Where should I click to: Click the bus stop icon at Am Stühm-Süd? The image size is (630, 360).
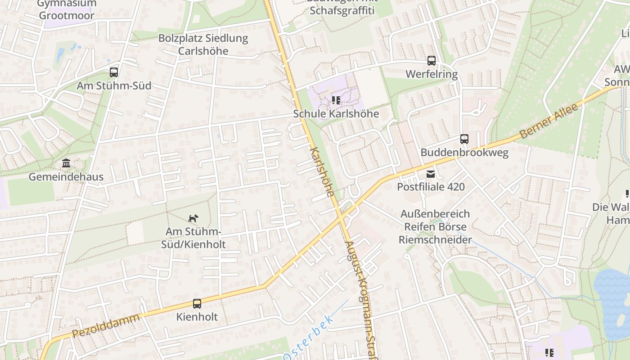pos(114,72)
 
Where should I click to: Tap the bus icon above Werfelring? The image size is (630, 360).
pos(432,60)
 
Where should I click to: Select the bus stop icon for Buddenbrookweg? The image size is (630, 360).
pos(464,139)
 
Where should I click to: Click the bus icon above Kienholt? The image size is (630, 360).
pos(197,303)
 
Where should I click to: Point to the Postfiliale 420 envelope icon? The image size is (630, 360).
pos(431,174)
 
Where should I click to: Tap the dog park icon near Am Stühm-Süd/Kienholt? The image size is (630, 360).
pos(193,218)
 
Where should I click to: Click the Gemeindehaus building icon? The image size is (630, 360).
pos(66,163)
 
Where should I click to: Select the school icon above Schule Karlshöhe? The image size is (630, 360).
pos(336,100)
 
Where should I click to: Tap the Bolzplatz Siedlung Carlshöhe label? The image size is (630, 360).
pos(203,44)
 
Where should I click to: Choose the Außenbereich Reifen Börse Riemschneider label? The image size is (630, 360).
pos(435,227)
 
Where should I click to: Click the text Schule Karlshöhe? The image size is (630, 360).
pos(336,114)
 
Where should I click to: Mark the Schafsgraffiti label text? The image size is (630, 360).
pos(342,10)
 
